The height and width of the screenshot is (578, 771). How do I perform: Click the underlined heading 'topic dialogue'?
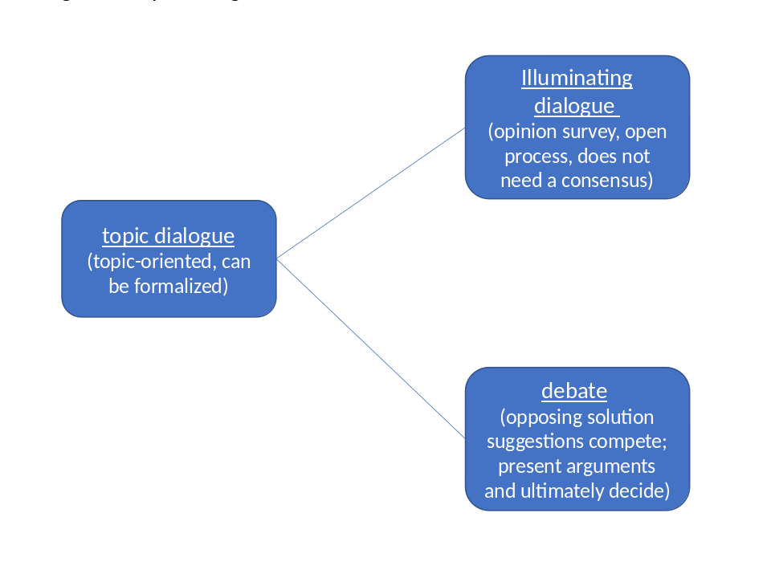tap(168, 236)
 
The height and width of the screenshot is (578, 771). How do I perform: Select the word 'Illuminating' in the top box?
tap(577, 78)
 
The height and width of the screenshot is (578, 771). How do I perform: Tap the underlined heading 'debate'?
tap(573, 391)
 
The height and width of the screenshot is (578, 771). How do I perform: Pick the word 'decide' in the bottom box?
tap(643, 490)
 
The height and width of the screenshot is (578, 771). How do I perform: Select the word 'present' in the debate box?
tap(529, 466)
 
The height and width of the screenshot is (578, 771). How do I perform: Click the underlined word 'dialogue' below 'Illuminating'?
tap(573, 105)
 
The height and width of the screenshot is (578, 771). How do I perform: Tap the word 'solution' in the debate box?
tap(620, 417)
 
